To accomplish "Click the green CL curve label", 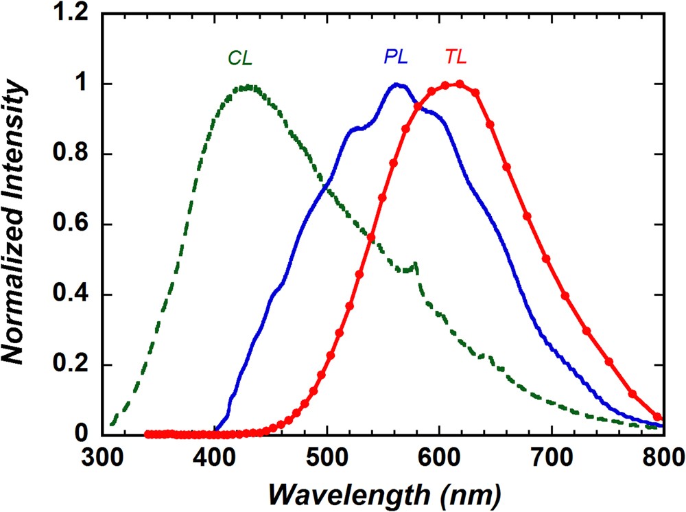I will [241, 58].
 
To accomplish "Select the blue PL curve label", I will [396, 58].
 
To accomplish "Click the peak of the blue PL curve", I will [397, 84].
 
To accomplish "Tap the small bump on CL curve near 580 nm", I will [414, 264].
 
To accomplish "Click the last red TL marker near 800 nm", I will [658, 417].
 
